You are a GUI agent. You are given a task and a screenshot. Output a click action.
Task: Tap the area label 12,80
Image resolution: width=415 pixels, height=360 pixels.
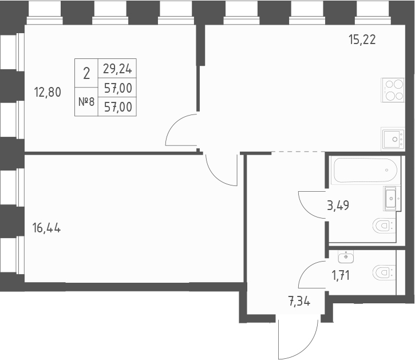[48, 92]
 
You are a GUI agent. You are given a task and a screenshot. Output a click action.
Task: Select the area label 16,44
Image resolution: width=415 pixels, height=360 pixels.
[47, 228]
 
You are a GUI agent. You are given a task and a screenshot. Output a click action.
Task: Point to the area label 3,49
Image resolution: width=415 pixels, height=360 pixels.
[338, 205]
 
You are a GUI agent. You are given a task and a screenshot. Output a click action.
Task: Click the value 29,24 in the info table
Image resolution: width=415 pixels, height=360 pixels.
[117, 69]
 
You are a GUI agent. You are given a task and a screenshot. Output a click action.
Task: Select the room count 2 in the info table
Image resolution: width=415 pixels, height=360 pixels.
[86, 73]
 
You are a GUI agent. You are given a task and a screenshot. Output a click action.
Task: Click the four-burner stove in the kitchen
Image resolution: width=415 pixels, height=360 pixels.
[393, 90]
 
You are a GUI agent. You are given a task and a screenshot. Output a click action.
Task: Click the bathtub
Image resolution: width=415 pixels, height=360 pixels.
[365, 170]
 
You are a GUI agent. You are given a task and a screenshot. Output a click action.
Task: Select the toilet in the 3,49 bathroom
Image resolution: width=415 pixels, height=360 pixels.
[384, 226]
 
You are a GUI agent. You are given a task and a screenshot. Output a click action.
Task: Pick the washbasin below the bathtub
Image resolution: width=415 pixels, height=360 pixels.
[390, 198]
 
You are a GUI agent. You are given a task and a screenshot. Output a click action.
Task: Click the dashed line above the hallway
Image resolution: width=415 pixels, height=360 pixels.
[298, 152]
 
